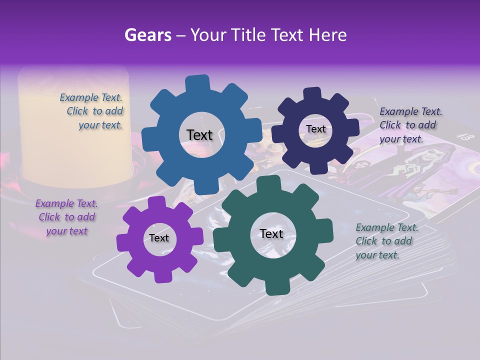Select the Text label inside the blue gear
point(199,135)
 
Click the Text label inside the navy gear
point(315,129)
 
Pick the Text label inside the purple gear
point(159,238)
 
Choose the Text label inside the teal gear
point(271,234)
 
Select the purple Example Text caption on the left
point(66,217)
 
